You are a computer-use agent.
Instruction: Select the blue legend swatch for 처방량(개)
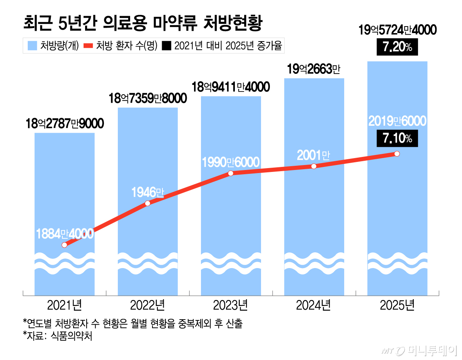[32, 46]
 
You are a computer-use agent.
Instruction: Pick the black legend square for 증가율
[166, 46]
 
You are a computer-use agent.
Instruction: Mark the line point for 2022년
[148, 203]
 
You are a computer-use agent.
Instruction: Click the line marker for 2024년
[314, 166]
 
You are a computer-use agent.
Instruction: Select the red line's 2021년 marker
[64, 245]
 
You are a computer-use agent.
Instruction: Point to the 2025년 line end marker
[397, 154]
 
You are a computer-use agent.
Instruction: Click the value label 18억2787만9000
[65, 123]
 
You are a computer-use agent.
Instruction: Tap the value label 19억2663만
[314, 70]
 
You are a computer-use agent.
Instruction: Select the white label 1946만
[148, 192]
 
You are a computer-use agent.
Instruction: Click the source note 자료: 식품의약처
[58, 336]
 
